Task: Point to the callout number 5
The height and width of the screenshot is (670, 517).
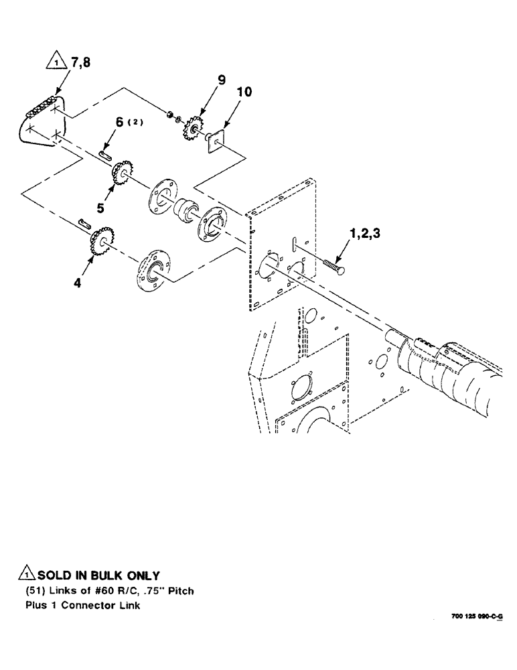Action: [x=100, y=209]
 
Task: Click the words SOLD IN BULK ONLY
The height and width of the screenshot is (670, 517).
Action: [x=98, y=576]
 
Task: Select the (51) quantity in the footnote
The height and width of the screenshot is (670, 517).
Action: [x=35, y=591]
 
